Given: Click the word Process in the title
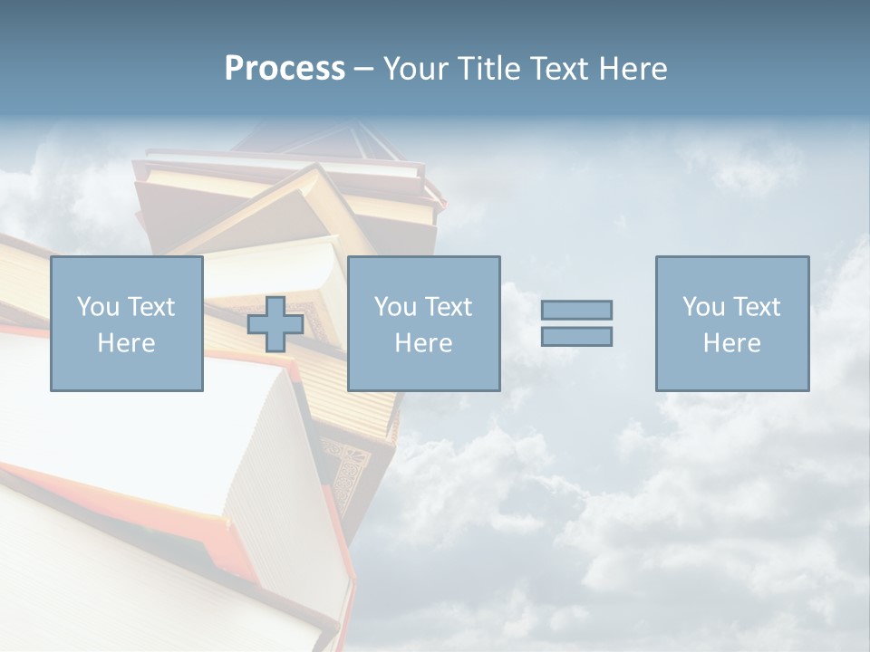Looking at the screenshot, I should pos(285,69).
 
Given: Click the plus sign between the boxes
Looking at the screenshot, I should pos(275,324).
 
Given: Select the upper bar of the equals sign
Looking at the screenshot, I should pos(576,310).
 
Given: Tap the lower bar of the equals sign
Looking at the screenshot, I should pos(576,336).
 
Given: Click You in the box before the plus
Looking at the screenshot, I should pos(97,307).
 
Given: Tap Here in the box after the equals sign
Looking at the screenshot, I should pos(731,343).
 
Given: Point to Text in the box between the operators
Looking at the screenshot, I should pos(449,307).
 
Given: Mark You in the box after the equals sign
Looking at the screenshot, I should pos(703,307).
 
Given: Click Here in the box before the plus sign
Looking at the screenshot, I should pos(126,343).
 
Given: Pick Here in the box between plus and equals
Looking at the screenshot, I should pos(423,343).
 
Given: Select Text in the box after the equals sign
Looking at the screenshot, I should pos(758,307).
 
